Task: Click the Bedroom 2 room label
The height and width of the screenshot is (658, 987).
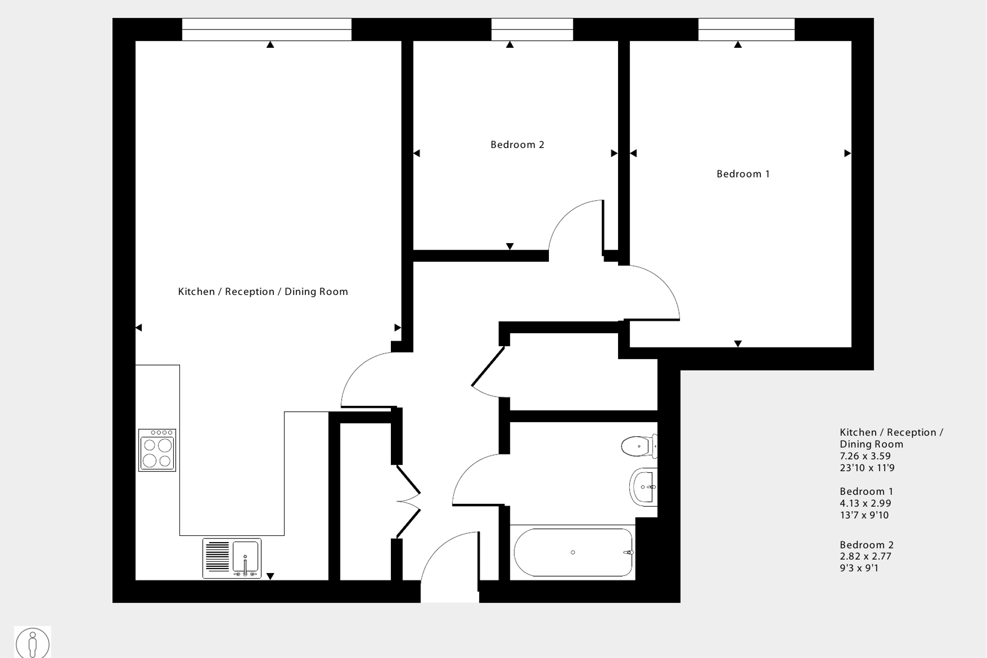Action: tap(517, 145)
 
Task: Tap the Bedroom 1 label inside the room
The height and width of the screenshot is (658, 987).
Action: tap(743, 174)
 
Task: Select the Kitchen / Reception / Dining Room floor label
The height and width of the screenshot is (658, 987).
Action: tap(263, 292)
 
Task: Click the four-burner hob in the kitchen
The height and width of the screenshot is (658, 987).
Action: tap(157, 451)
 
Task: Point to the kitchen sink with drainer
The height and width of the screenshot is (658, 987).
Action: tap(232, 558)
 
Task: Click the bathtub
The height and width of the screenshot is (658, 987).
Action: tap(573, 552)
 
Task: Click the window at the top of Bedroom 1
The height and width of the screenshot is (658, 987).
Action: tap(746, 29)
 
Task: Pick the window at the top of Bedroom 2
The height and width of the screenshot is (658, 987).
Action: tap(532, 29)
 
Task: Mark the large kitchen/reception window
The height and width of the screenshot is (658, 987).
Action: tap(267, 29)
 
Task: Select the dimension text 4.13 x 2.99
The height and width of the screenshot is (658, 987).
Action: tap(865, 503)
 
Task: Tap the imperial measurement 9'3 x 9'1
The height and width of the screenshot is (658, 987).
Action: tap(859, 568)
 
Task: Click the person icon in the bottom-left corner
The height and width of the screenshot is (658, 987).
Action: tap(33, 643)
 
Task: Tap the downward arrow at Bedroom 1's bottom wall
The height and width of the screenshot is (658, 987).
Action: tap(738, 344)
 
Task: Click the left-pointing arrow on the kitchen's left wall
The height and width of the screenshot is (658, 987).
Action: tap(139, 328)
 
